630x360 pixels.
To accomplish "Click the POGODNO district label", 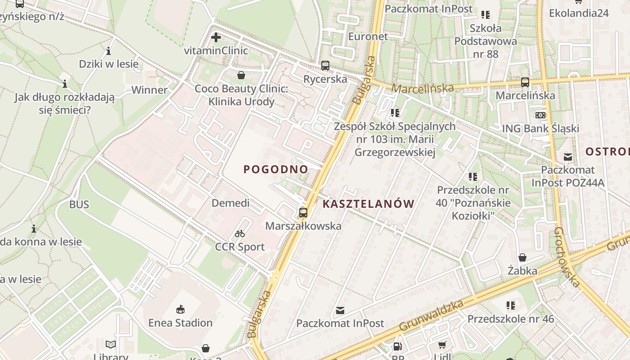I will click(x=276, y=169).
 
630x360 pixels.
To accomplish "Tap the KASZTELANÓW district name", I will click(x=368, y=204).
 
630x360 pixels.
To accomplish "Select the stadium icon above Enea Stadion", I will click(x=180, y=309).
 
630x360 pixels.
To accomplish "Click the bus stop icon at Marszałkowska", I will click(x=303, y=212).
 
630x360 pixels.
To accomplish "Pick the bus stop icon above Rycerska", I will click(x=325, y=66).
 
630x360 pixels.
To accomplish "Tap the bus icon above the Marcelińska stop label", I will click(x=525, y=82).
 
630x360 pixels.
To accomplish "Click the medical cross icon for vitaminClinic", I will click(x=216, y=37).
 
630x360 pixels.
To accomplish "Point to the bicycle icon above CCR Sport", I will click(x=240, y=234).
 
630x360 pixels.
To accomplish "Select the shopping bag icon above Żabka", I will click(x=522, y=257).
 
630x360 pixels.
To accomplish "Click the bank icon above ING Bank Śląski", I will click(x=540, y=115).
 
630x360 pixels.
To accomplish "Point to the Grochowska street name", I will click(x=566, y=257).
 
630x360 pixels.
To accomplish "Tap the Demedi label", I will click(x=230, y=203).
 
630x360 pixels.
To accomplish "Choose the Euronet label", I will click(x=368, y=36).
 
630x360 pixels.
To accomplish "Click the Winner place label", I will click(x=149, y=90).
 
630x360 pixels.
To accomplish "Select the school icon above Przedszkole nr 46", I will click(x=510, y=306).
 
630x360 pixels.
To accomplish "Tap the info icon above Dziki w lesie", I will click(x=108, y=51).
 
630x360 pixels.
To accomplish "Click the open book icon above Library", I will click(x=111, y=344).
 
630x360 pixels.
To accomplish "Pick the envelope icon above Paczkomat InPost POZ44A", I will click(x=568, y=157).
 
